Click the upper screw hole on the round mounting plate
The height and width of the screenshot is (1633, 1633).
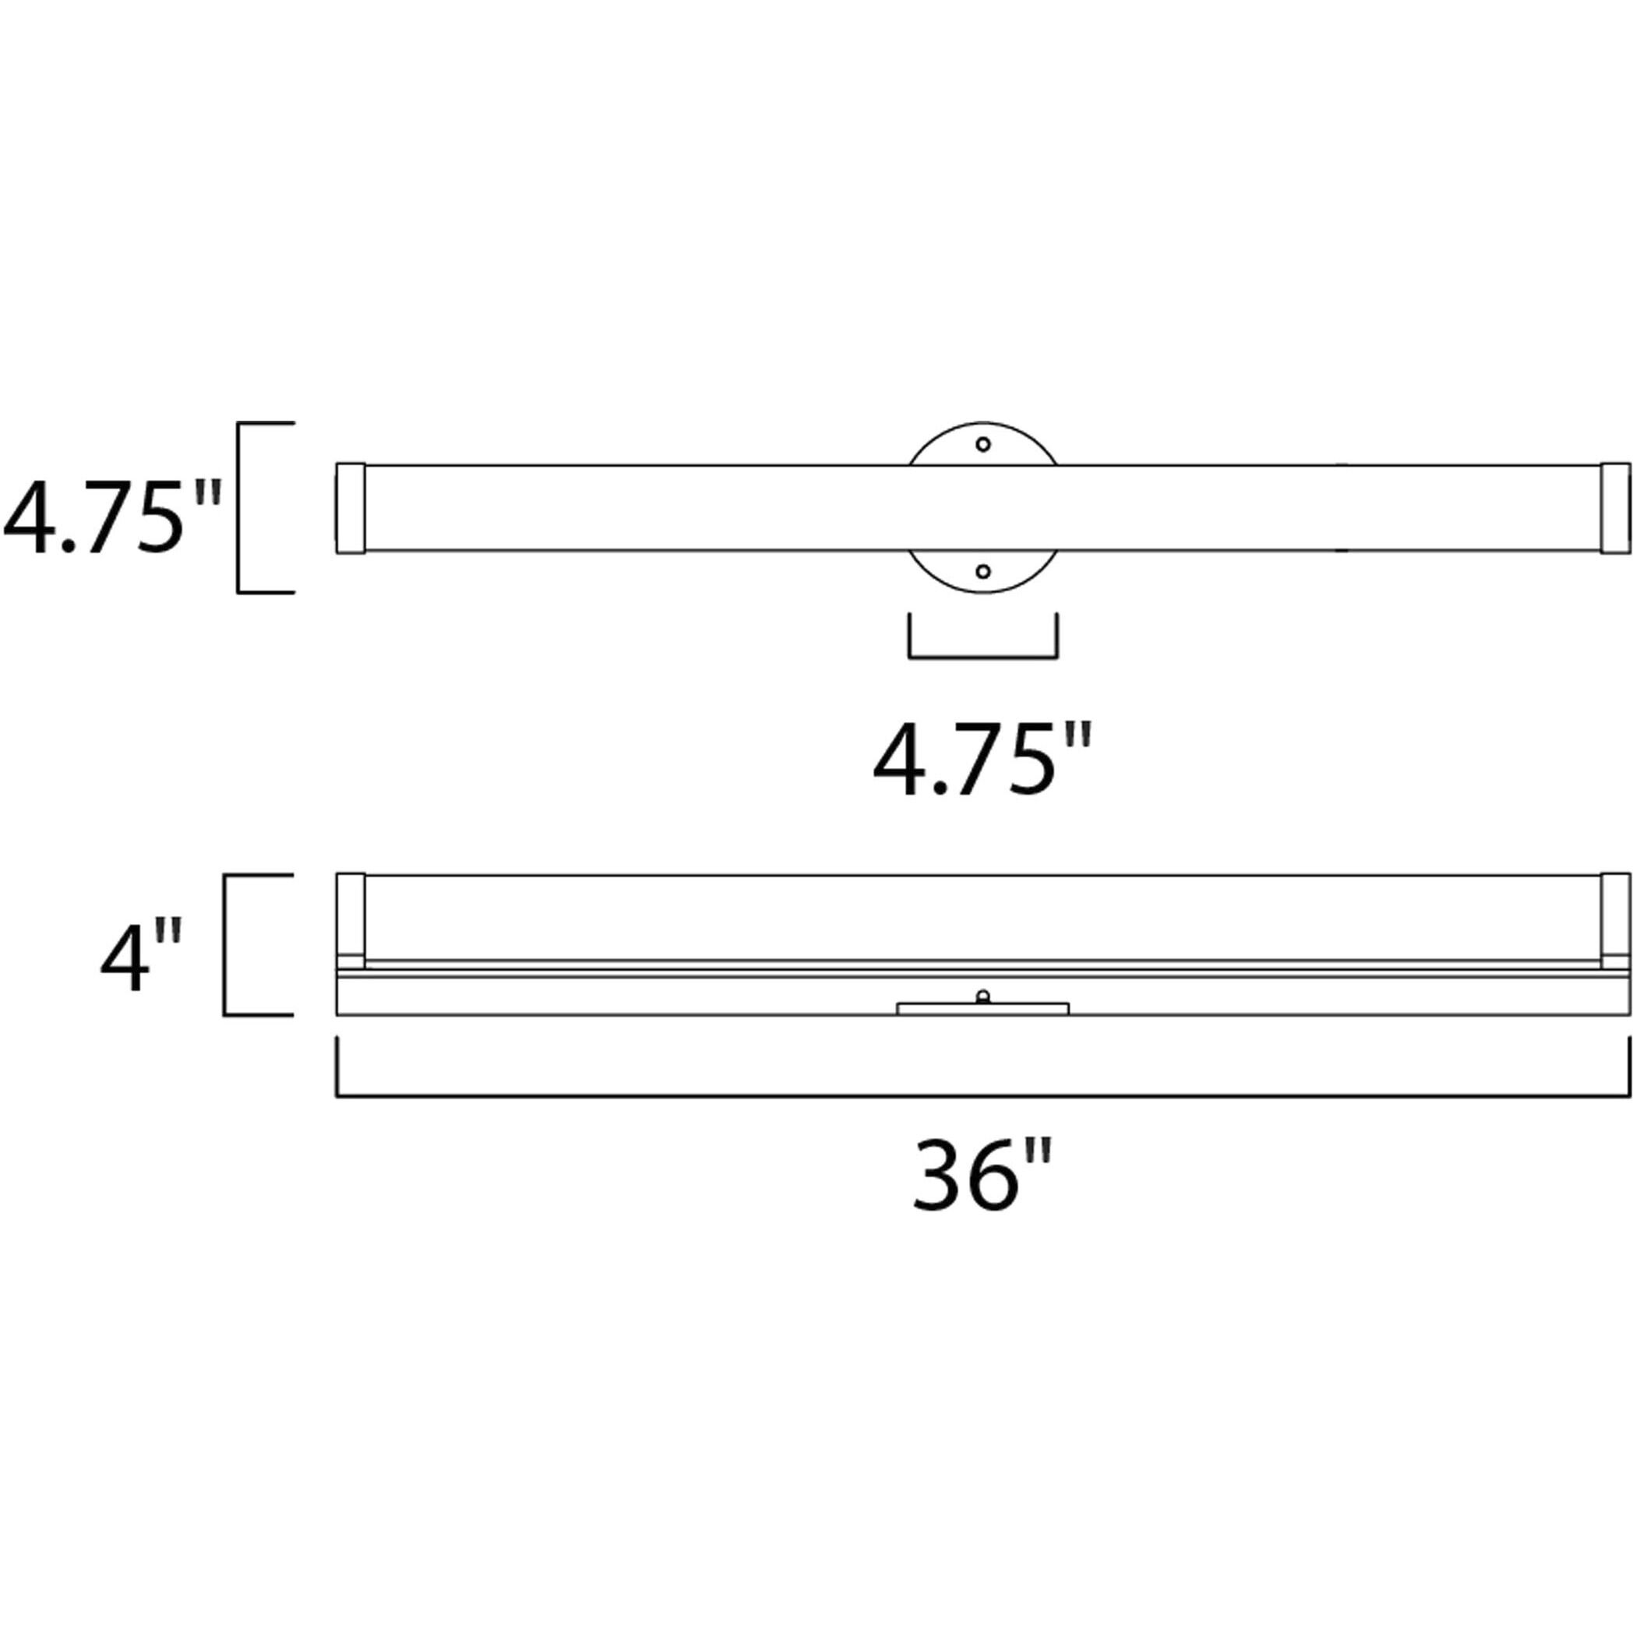pyautogui.click(x=982, y=444)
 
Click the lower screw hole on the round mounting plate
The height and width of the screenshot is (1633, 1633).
pyautogui.click(x=982, y=571)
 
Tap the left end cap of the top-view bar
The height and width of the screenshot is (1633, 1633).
pyautogui.click(x=351, y=508)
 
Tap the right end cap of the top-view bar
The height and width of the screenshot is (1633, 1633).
pyautogui.click(x=1615, y=508)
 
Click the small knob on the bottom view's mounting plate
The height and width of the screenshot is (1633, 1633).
pyautogui.click(x=982, y=996)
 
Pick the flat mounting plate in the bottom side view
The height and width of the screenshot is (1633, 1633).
pyautogui.click(x=982, y=1008)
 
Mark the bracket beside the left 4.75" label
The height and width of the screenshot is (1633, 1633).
pyautogui.click(x=241, y=507)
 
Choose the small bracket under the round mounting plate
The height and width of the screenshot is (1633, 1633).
pyautogui.click(x=982, y=655)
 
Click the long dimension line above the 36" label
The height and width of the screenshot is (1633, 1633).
pyautogui.click(x=982, y=1096)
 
